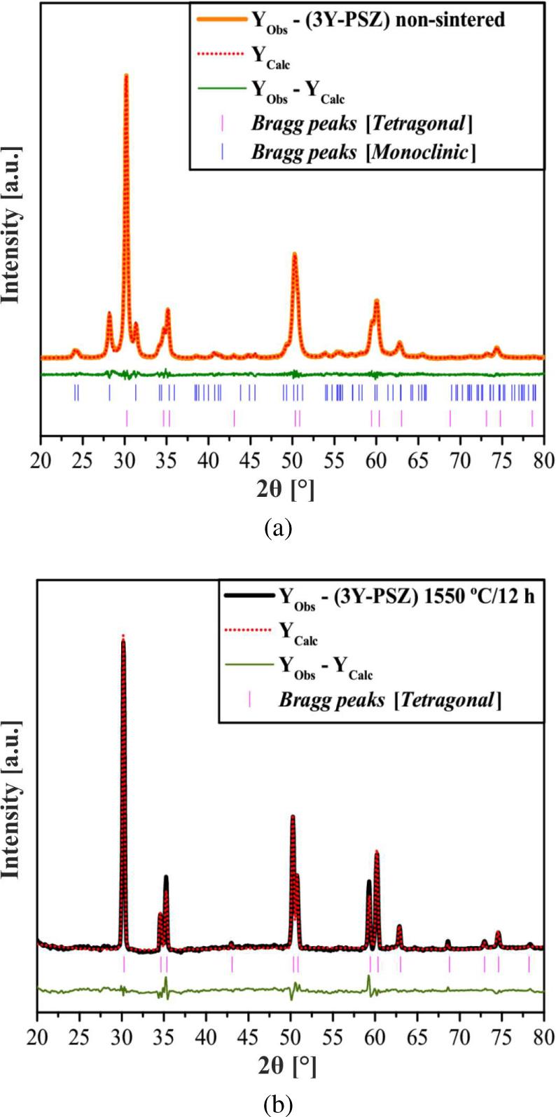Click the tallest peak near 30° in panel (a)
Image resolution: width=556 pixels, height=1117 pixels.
(x=126, y=75)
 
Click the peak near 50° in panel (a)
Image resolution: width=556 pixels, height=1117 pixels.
(x=294, y=254)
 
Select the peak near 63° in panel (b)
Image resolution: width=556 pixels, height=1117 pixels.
(x=399, y=926)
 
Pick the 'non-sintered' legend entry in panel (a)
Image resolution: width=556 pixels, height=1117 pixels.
(x=378, y=20)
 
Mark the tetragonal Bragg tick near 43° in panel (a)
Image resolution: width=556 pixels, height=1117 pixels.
(x=234, y=418)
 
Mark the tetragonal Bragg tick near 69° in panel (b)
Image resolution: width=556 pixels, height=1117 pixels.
(x=450, y=965)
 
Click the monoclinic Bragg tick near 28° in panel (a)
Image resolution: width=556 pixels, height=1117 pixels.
(x=109, y=392)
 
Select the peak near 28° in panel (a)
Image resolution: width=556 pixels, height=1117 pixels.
(x=109, y=313)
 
